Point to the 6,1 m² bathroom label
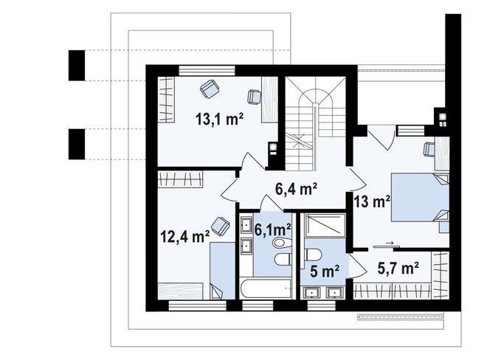click(272, 229)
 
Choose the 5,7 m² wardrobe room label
click(398, 268)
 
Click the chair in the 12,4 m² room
click(220, 223)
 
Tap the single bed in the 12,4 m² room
click(219, 269)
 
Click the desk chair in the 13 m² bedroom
click(429, 149)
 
